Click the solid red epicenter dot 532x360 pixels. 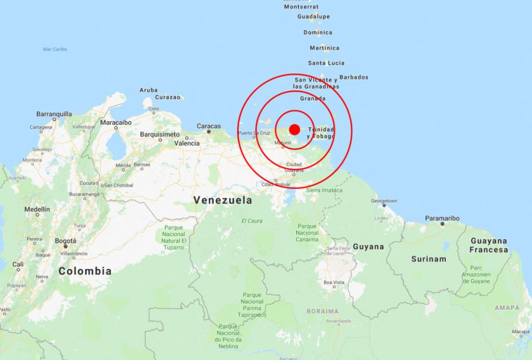coord(295,129)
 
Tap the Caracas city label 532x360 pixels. coord(209,126)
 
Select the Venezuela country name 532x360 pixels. coord(222,200)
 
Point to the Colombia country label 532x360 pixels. coord(85,271)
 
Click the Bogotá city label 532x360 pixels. coord(66,241)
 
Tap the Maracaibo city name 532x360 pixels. coord(116,123)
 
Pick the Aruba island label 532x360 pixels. coord(149,90)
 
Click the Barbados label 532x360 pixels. coord(354,77)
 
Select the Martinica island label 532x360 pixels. coord(325,48)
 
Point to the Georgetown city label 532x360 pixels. coord(384,201)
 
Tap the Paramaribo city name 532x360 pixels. coord(442,219)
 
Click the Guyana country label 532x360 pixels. coord(368,247)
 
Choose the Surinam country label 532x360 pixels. coord(429,259)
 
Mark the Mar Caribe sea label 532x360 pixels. coord(55,49)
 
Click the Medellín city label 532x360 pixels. coord(37,209)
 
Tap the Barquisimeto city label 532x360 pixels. coord(160,135)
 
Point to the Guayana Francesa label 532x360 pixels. coord(489,245)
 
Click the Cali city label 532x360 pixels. coord(18,264)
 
